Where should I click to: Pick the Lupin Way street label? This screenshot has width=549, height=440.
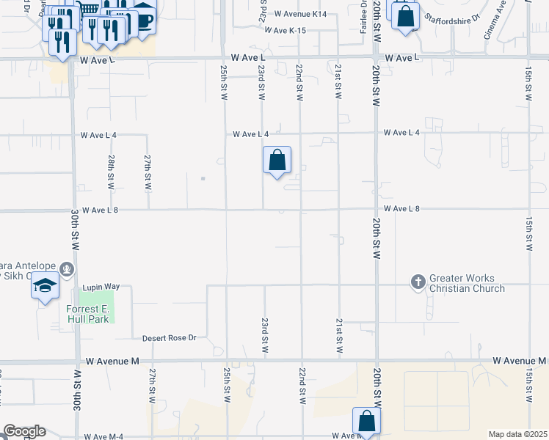[x=102, y=287]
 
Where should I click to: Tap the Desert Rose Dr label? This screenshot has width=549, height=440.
[x=170, y=338]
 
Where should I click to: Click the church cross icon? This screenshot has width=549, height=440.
[x=418, y=282]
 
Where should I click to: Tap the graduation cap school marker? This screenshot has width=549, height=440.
[x=45, y=285]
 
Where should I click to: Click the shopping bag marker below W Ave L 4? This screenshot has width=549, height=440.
[x=277, y=161]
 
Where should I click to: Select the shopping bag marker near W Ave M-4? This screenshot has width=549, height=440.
[x=366, y=422]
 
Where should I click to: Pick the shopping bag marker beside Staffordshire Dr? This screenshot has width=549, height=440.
[x=405, y=15]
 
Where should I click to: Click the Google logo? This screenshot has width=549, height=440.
[x=24, y=431]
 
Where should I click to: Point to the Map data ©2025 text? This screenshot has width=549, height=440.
[x=517, y=434]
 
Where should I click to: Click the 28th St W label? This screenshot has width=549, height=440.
[x=111, y=172]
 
